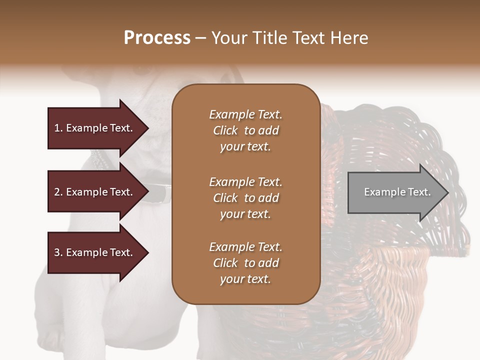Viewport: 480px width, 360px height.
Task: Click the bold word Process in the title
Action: [x=157, y=37]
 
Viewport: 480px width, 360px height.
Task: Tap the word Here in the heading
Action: [x=349, y=37]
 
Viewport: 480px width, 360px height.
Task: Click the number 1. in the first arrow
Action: [x=58, y=128]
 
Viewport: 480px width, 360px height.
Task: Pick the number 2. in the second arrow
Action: [x=58, y=192]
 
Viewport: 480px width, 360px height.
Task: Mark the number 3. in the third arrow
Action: [x=58, y=252]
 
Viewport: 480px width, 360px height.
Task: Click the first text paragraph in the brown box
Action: [x=245, y=130]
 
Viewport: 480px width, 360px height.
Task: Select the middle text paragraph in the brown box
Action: [x=245, y=197]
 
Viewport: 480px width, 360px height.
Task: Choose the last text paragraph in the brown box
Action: [x=245, y=263]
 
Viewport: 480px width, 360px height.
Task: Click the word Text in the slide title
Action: [x=310, y=37]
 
